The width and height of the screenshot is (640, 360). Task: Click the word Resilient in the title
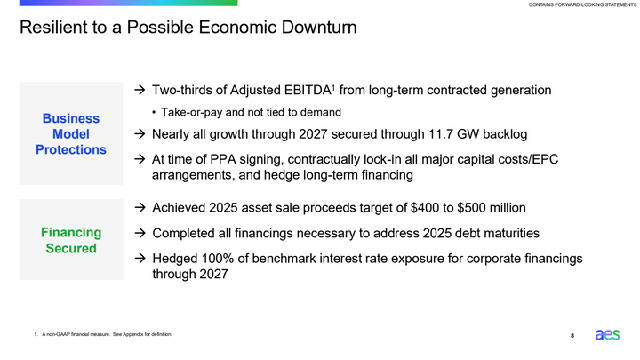point(54,28)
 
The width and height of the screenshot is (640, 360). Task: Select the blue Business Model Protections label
point(70,133)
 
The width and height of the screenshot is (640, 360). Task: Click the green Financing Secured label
point(70,240)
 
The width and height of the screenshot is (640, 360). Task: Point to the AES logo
point(608,334)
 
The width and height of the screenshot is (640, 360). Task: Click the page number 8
point(572,335)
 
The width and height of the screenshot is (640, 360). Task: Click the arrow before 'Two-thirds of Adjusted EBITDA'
point(140,91)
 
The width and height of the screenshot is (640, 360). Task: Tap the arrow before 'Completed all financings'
point(140,233)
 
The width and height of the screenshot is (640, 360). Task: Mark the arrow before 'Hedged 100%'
point(140,258)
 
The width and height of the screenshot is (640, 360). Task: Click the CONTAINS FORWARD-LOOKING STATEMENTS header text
point(581,5)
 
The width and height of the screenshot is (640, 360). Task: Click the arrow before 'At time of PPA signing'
point(140,159)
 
